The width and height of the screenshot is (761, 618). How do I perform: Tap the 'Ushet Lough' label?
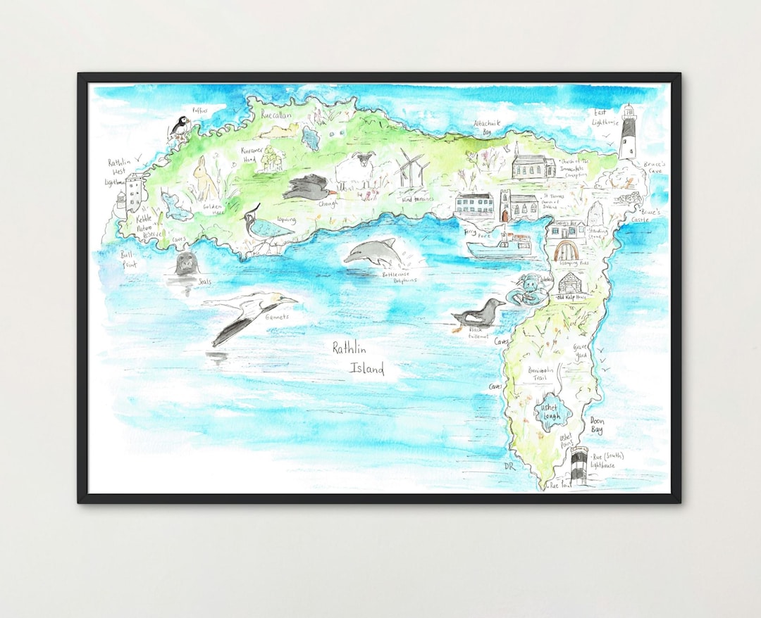[548, 412]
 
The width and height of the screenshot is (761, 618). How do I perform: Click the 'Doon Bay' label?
[596, 426]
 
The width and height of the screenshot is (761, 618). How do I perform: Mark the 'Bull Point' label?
[128, 259]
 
